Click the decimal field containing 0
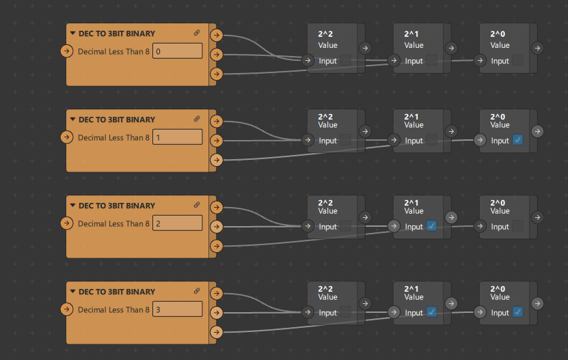click(x=177, y=51)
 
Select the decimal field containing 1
click(x=177, y=137)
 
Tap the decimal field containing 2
click(x=177, y=223)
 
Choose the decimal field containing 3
click(x=177, y=309)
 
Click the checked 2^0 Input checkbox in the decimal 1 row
click(x=517, y=140)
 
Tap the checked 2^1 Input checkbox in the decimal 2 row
click(x=431, y=226)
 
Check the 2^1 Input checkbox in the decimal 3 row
click(x=431, y=312)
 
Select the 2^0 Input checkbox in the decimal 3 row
click(x=517, y=312)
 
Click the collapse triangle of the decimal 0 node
click(x=72, y=33)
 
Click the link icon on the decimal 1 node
click(x=197, y=119)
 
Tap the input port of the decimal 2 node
click(x=66, y=223)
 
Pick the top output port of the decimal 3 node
click(x=217, y=293)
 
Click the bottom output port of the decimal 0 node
click(x=217, y=74)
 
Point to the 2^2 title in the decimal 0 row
click(x=325, y=33)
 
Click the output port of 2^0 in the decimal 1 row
click(x=537, y=131)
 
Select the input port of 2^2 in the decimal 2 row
click(x=308, y=226)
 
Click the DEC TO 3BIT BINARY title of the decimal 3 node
click(x=117, y=292)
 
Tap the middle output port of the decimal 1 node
click(x=217, y=141)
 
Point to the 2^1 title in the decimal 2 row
click(x=411, y=203)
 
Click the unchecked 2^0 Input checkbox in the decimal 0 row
click(x=517, y=60)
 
